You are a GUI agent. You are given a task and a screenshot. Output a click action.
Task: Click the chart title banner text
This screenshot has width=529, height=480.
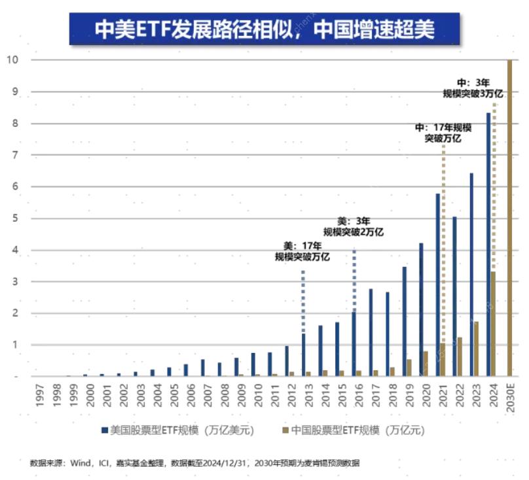pyautogui.click(x=264, y=29)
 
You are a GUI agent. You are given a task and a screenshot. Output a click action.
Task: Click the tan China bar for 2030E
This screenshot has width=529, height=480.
pyautogui.click(x=510, y=218)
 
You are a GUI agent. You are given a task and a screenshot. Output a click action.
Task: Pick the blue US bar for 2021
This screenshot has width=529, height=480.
pyautogui.click(x=437, y=285)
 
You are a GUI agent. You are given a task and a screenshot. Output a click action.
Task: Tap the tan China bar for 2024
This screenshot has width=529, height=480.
pyautogui.click(x=493, y=324)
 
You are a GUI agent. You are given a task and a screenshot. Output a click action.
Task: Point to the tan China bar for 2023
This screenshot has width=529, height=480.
pyautogui.click(x=477, y=349)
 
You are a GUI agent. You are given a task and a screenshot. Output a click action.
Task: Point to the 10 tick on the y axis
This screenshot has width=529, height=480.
pyautogui.click(x=11, y=60)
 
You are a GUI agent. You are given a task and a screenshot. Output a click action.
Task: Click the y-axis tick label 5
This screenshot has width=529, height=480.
pyautogui.click(x=11, y=218)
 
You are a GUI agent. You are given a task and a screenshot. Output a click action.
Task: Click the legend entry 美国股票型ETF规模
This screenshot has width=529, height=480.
pyautogui.click(x=177, y=430)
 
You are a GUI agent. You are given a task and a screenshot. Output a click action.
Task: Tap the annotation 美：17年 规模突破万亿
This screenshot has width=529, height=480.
pyautogui.click(x=302, y=252)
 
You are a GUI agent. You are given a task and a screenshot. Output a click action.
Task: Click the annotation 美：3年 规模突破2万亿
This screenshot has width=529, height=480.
pyautogui.click(x=354, y=226)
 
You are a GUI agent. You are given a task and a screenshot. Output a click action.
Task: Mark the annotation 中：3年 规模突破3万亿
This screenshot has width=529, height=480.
pyautogui.click(x=473, y=88)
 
